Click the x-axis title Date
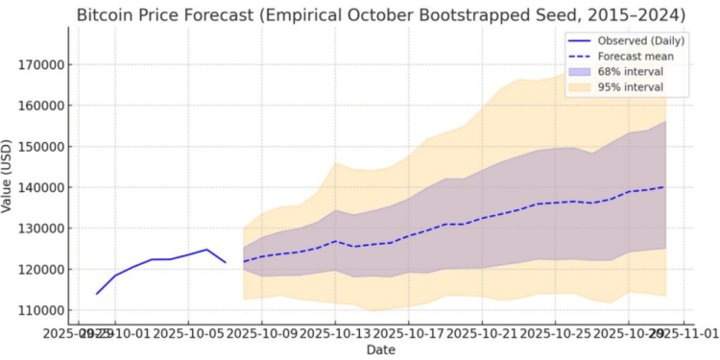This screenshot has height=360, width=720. pos(380,349)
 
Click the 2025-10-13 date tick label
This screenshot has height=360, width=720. pos(334,333)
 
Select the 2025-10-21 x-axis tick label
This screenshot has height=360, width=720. pos(481,333)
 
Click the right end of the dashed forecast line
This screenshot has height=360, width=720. pos(664,187)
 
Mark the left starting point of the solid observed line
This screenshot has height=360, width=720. pos(97,294)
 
